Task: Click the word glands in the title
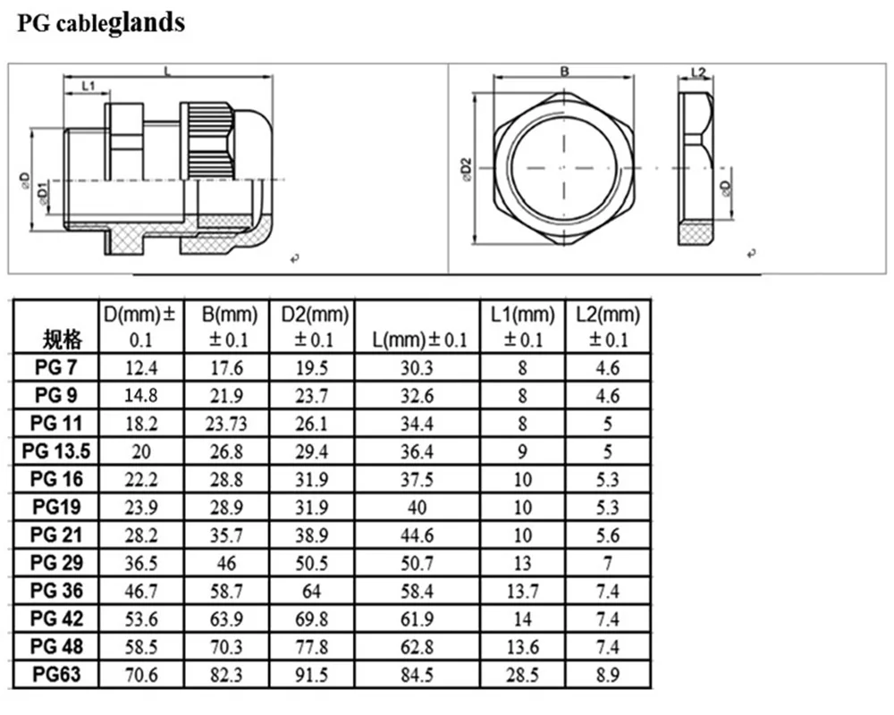(x=147, y=21)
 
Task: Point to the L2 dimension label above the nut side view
(x=699, y=72)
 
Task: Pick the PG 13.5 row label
(x=55, y=450)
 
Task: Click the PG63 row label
(x=55, y=673)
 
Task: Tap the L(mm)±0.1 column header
(x=418, y=340)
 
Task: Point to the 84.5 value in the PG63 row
(x=417, y=673)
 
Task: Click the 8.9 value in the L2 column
(x=608, y=673)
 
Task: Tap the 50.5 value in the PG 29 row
(x=311, y=562)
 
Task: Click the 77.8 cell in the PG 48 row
(x=311, y=645)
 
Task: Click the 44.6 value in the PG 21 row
(x=417, y=534)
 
